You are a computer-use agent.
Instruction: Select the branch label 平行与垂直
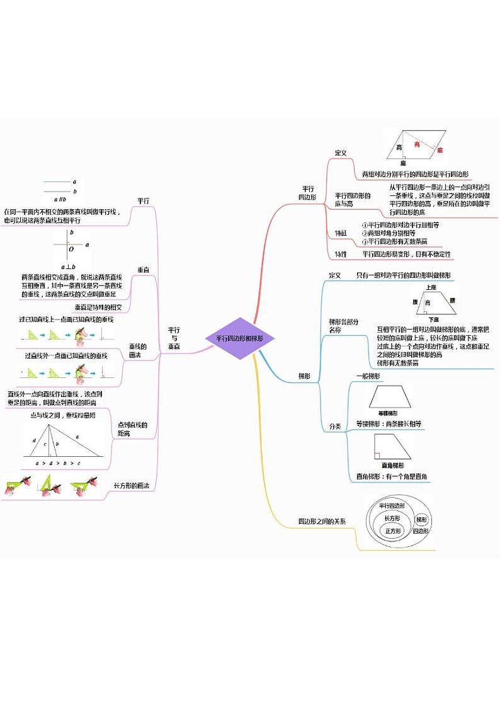(x=174, y=338)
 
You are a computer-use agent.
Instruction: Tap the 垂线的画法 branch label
(x=138, y=351)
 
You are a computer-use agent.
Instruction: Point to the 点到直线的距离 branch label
(x=132, y=429)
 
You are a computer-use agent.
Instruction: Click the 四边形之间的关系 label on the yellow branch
(x=322, y=521)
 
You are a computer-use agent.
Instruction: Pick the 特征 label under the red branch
(x=341, y=233)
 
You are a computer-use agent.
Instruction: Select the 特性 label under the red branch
(x=341, y=254)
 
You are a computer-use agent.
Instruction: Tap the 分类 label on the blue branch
(x=335, y=427)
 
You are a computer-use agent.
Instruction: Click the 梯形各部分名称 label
(x=343, y=325)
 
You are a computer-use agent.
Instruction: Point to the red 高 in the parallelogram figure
(x=417, y=144)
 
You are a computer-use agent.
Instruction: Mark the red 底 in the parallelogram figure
(x=440, y=150)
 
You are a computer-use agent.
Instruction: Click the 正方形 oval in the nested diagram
(x=392, y=531)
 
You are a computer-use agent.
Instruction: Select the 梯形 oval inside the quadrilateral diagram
(x=421, y=520)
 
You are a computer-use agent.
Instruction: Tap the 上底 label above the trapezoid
(x=431, y=287)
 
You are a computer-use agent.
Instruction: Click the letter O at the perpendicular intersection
(x=71, y=249)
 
